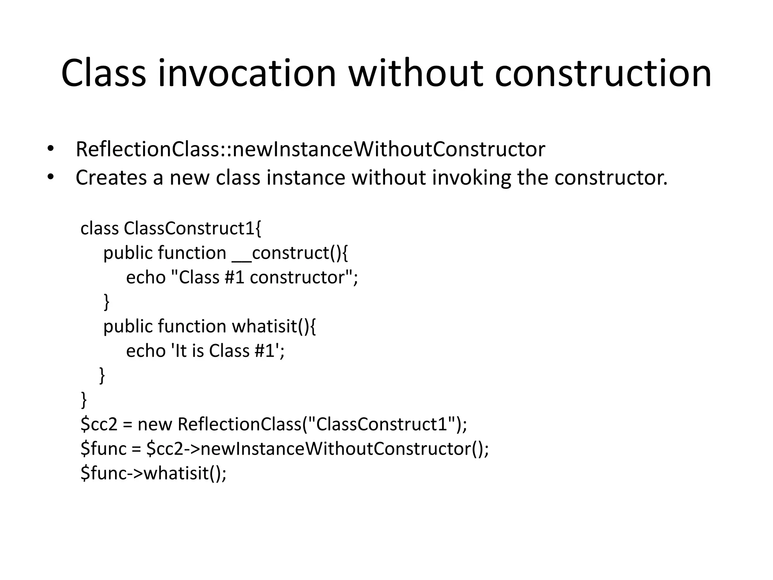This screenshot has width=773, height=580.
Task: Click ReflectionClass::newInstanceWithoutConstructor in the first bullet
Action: pos(310,149)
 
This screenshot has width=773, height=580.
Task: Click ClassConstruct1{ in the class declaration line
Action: pos(192,228)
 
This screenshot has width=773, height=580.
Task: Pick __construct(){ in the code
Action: pos(290,253)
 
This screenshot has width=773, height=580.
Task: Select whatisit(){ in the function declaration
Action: pos(274,326)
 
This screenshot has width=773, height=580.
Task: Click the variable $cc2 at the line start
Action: pos(99,424)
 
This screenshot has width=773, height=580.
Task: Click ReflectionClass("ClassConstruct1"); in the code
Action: pos(322,424)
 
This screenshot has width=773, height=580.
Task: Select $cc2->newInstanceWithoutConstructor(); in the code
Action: pos(317,449)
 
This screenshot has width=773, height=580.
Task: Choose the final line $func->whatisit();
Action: pos(153,473)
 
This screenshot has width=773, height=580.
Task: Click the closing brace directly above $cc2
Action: pos(84,400)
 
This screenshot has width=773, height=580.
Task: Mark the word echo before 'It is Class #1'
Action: pos(146,350)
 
